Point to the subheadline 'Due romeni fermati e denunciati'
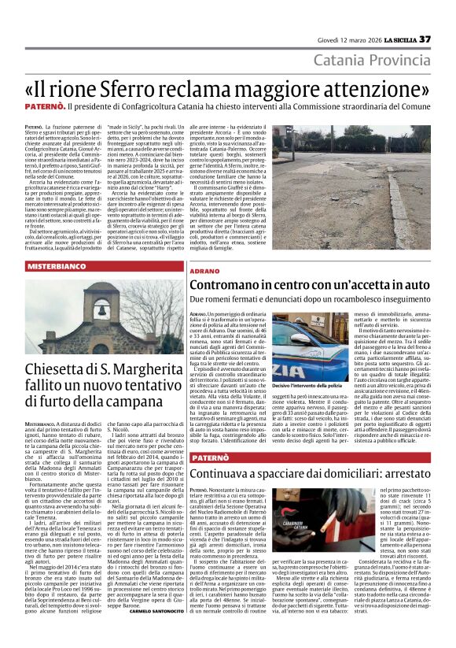pyautogui.click(x=259, y=300)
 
